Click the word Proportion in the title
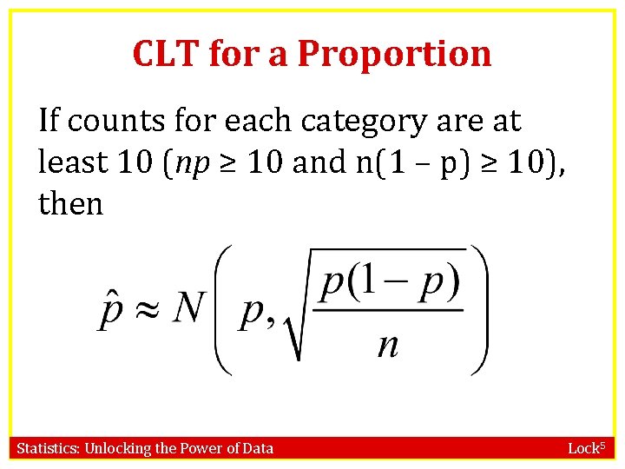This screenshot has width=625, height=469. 394,54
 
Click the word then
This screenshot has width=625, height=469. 70,204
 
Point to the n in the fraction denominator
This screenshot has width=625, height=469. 388,346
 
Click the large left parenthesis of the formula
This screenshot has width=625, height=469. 223,310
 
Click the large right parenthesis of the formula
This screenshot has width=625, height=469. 478,310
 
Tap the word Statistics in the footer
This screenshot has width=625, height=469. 48,448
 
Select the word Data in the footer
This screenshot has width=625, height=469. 258,448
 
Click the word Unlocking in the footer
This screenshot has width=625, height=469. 117,448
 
